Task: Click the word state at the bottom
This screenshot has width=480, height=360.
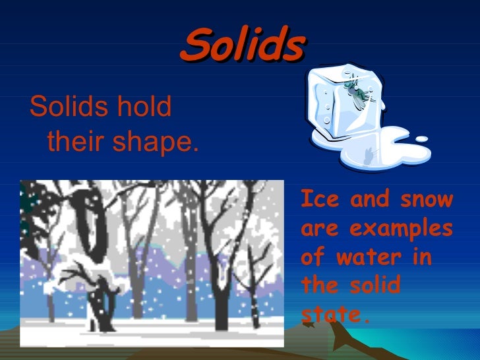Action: click(x=332, y=315)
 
